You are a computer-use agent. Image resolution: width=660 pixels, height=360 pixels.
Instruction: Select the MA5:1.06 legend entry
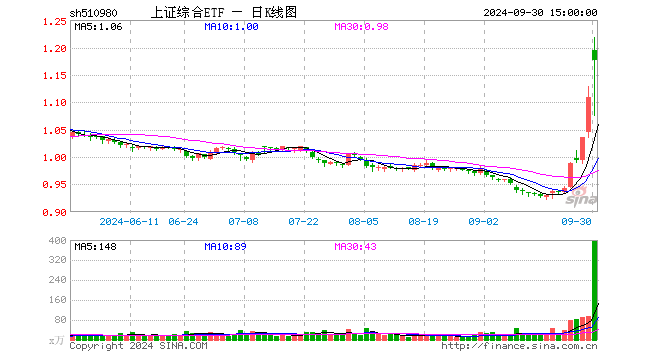pyautogui.click(x=98, y=27)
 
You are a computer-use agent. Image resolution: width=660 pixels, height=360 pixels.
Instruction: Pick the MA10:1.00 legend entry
pyautogui.click(x=231, y=27)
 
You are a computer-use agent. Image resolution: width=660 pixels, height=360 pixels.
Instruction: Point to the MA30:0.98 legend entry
pyautogui.click(x=361, y=27)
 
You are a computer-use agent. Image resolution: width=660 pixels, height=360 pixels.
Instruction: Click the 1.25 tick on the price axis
pyautogui.click(x=56, y=21)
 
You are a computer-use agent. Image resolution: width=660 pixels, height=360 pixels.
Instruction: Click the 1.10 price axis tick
pyautogui.click(x=56, y=103)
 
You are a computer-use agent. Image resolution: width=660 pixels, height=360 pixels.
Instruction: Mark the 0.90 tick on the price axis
pyautogui.click(x=56, y=212)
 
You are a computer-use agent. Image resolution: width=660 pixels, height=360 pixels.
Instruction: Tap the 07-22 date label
pyautogui.click(x=303, y=221)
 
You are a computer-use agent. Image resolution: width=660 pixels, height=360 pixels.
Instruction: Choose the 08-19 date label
pyautogui.click(x=423, y=221)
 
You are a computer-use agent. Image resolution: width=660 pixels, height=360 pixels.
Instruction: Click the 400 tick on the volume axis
pyautogui.click(x=59, y=241)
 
